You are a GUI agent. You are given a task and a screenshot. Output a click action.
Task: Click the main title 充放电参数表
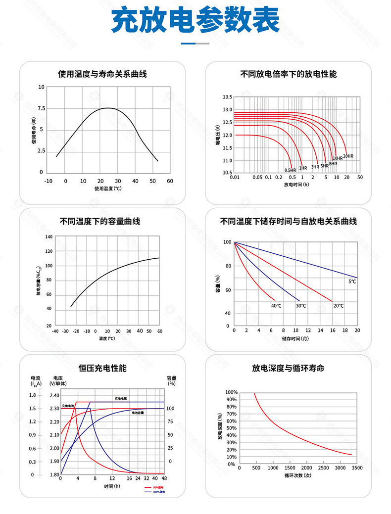click(x=195, y=21)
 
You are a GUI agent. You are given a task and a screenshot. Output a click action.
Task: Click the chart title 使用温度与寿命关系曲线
click(x=102, y=74)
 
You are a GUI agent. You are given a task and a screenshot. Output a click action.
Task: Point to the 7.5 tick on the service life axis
click(x=41, y=108)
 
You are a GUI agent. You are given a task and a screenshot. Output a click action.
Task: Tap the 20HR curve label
click(x=348, y=156)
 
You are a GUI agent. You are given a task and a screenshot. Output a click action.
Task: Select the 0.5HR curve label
click(x=290, y=170)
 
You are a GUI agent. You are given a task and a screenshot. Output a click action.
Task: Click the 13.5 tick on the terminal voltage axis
click(x=227, y=97)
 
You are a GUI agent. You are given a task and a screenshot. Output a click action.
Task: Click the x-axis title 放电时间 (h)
click(x=296, y=185)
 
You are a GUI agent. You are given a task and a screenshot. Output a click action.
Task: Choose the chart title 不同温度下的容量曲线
click(x=100, y=221)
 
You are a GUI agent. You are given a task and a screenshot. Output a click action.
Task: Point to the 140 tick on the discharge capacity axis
click(x=49, y=237)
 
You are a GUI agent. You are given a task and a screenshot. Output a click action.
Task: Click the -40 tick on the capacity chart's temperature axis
click(x=55, y=331)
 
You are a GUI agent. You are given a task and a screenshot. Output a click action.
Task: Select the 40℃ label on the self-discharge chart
click(x=276, y=306)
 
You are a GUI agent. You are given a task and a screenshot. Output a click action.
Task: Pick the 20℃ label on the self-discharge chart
click(x=339, y=306)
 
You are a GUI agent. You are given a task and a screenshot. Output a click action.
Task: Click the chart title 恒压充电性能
click(x=102, y=369)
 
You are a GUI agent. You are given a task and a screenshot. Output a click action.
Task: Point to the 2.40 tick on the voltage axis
click(x=54, y=395)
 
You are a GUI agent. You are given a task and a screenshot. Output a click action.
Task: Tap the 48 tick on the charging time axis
click(x=163, y=479)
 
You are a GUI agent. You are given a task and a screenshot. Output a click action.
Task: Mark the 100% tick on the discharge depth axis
click(x=231, y=392)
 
